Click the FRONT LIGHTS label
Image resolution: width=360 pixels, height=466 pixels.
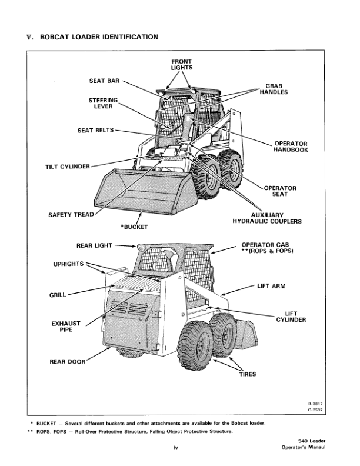181,64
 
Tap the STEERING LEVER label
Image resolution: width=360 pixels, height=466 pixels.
104,103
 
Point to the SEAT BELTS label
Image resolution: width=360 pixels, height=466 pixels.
96,130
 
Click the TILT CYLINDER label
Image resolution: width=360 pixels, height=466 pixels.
68,167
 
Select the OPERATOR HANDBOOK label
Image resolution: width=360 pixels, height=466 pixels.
291,147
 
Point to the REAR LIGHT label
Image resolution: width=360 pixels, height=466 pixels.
94,246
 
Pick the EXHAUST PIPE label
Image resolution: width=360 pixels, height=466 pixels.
66,327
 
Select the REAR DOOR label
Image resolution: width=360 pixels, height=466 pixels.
65,362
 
